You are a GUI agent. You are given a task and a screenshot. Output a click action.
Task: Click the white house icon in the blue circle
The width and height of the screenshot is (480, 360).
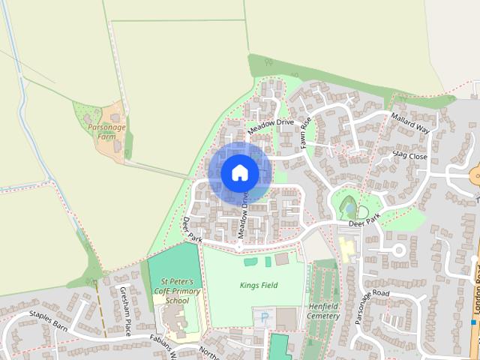(239, 173)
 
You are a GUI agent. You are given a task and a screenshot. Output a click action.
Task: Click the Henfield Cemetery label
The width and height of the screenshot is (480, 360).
(324, 311)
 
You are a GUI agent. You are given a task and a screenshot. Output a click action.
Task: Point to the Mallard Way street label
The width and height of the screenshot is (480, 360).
(412, 124)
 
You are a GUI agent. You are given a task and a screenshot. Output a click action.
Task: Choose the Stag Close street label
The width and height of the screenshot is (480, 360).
(409, 156)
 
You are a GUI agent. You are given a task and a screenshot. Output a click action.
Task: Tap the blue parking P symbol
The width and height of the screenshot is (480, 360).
(263, 317)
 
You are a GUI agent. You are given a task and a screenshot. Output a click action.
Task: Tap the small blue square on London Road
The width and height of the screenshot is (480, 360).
(474, 322)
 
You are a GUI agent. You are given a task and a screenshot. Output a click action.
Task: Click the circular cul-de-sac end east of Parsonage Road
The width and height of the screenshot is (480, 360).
(397, 249)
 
